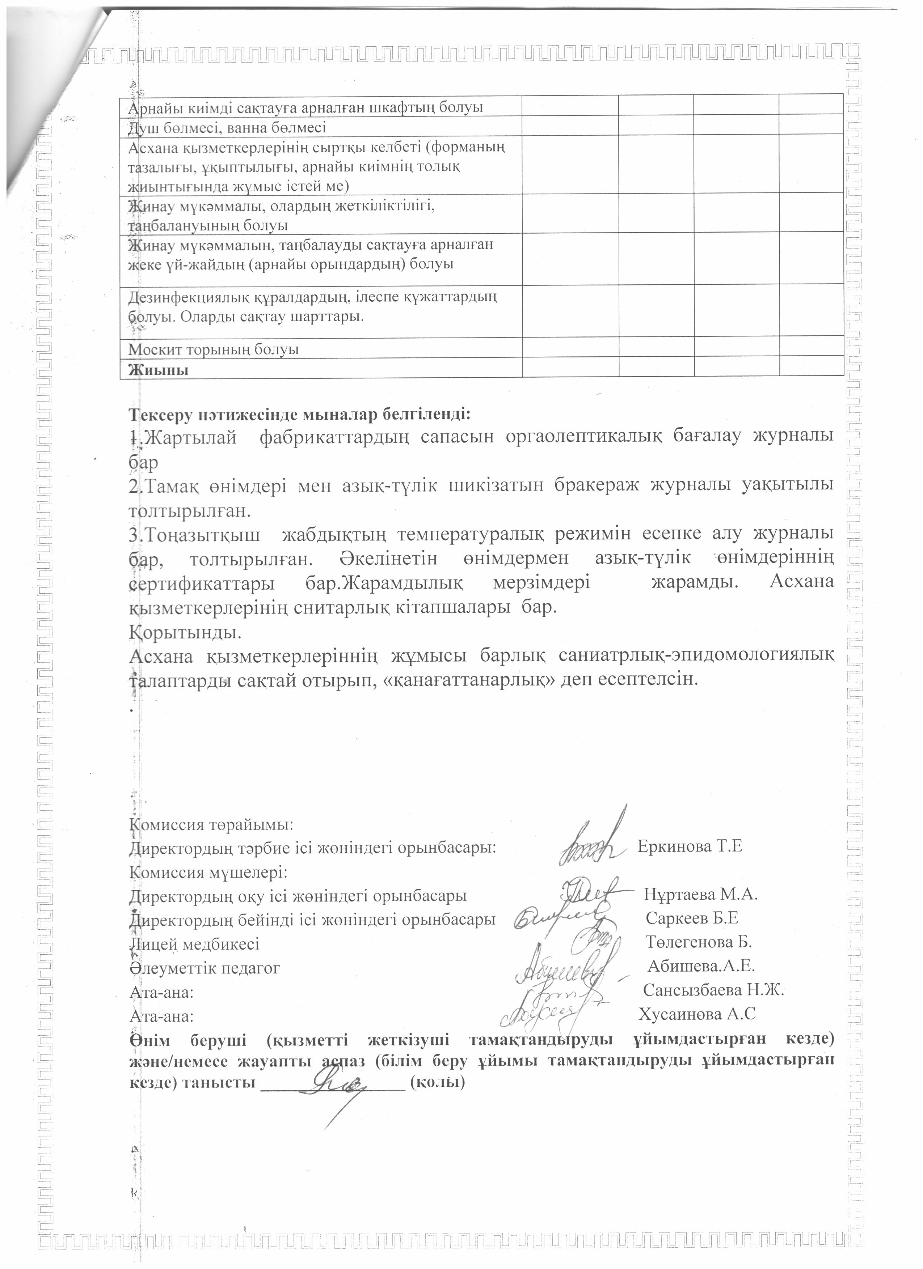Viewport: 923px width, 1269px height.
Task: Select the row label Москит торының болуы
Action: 213,350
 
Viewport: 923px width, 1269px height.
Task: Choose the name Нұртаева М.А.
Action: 701,894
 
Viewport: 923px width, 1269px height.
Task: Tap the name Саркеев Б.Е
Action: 692,918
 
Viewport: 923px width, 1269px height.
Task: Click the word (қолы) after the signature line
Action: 438,1083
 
